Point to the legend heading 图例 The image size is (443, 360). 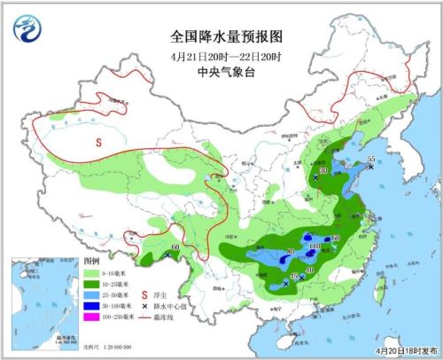(x=91, y=263)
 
